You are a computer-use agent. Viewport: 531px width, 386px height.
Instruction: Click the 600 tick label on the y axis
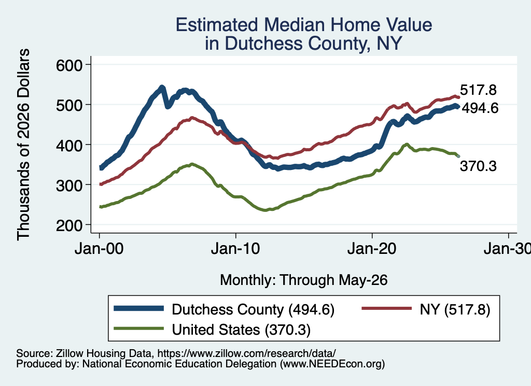pos(69,65)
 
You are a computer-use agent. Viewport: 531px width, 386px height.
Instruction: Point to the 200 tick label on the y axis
pos(69,225)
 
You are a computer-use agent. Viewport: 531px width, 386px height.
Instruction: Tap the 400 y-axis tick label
pos(69,146)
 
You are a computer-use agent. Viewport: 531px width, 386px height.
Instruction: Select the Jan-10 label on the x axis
pos(235,249)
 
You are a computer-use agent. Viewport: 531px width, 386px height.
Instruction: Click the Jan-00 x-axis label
pos(99,249)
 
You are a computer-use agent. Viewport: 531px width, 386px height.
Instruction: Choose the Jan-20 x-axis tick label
pos(372,249)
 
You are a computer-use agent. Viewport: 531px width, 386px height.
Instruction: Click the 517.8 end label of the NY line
pos(478,90)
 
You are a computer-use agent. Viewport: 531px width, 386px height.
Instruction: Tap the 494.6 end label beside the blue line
pos(480,108)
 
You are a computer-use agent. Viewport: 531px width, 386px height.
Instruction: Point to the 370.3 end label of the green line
pos(478,166)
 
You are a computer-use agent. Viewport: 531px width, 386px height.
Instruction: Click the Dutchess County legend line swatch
pos(139,308)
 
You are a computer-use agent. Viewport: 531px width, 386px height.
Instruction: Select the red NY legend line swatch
pos(387,308)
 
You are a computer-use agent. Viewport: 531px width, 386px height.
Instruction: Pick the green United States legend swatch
pos(139,328)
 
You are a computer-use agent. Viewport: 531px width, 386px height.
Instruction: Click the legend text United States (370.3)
pos(241,330)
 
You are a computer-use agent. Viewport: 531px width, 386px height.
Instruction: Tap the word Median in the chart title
pos(295,25)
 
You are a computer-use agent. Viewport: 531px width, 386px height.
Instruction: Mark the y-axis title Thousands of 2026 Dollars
pos(23,145)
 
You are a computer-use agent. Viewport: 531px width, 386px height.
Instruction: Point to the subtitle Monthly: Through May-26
pos(304,280)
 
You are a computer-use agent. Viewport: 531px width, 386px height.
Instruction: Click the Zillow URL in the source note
pos(246,353)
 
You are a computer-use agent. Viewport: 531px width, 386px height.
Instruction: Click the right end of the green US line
pos(458,156)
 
